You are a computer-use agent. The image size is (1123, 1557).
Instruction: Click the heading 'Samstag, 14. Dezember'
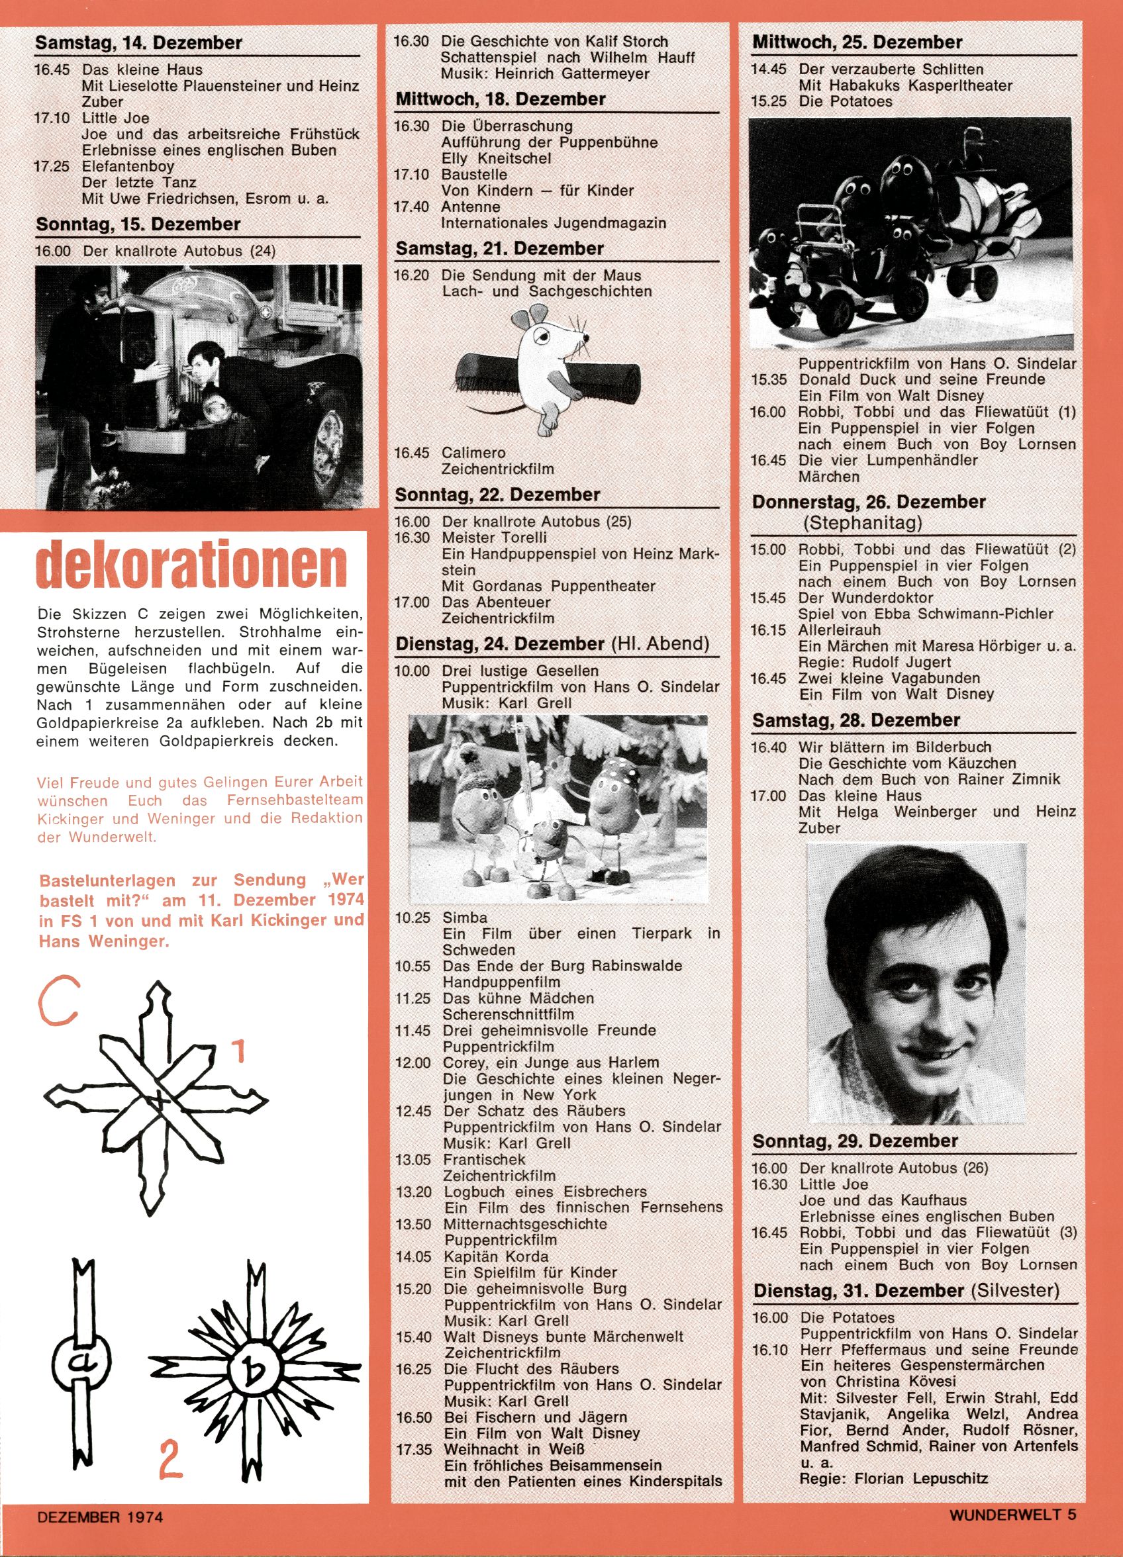139,43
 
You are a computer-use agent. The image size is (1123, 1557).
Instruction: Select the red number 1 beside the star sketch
238,1051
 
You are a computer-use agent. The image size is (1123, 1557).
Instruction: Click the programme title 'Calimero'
474,453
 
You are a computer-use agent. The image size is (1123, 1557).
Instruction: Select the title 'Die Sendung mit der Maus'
541,275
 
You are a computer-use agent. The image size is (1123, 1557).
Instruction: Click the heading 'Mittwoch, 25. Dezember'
857,42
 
